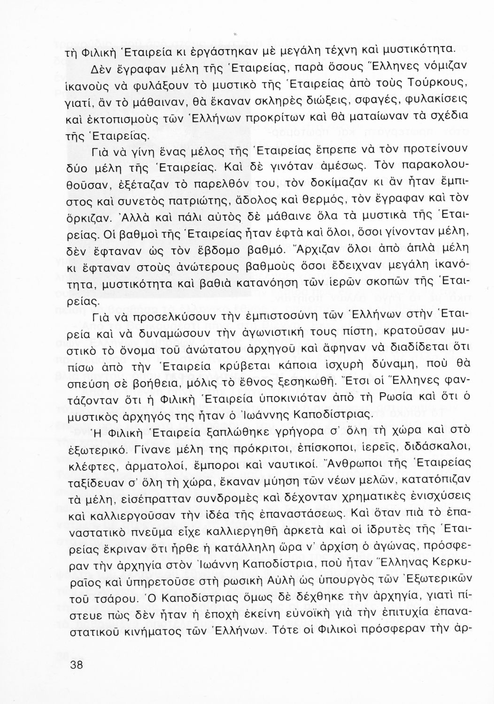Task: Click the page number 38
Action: click(75, 665)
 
